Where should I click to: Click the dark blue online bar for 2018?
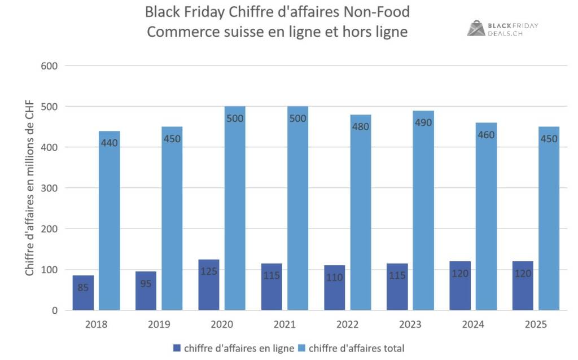pos(84,293)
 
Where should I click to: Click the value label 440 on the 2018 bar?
pos(109,143)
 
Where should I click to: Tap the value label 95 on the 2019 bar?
pos(146,283)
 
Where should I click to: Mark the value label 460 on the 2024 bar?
pos(486,135)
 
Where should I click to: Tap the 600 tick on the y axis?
pos(50,66)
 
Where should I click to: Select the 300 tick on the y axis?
pos(50,188)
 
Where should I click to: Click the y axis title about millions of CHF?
pos(29,188)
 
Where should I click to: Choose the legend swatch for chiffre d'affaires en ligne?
pos(177,348)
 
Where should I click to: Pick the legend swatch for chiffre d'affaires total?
pos(302,348)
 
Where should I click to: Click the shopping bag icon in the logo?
pos(476,28)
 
